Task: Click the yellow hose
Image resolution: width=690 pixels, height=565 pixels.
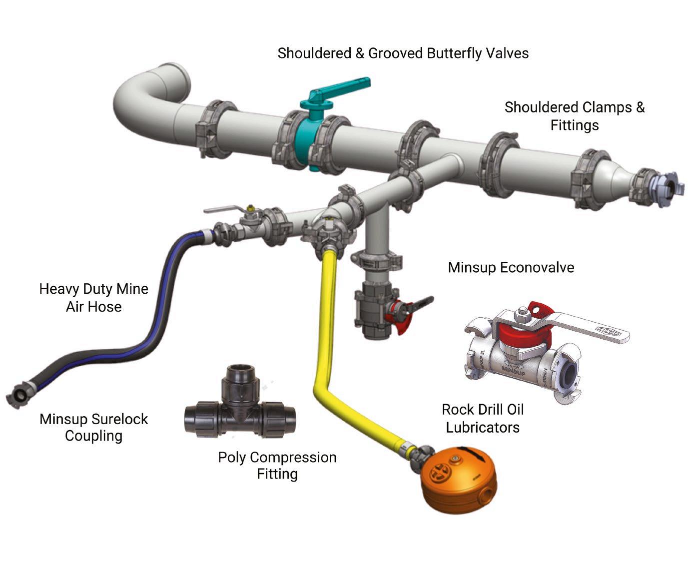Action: coord(325,350)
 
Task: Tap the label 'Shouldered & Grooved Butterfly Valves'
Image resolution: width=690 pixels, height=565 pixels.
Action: coord(403,53)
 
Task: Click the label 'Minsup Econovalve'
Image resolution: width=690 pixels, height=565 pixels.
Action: coord(511,267)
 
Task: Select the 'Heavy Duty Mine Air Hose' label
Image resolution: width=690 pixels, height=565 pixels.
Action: coord(94,298)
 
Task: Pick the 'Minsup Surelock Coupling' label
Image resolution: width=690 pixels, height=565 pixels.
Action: coord(94,427)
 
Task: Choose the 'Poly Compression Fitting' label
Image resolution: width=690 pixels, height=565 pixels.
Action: coord(277,465)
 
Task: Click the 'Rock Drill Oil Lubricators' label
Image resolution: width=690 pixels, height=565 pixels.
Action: coord(483,419)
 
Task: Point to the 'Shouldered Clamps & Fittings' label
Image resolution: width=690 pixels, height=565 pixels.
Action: coord(575,116)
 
